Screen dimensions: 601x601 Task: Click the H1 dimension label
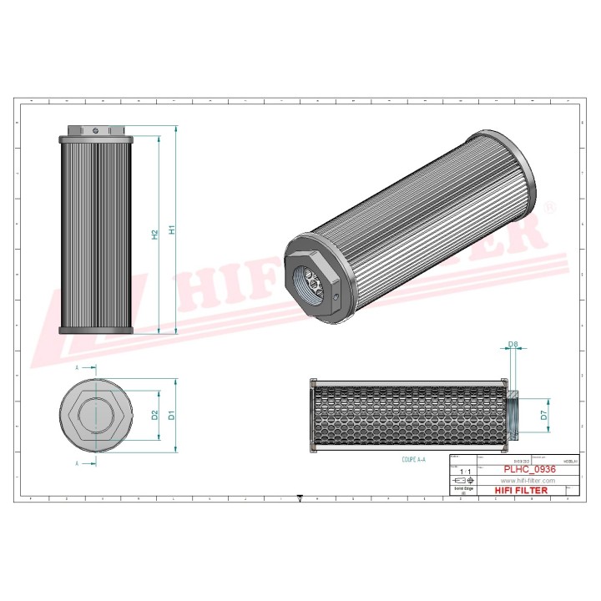click(x=171, y=229)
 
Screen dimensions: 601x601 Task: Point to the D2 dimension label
click(x=154, y=415)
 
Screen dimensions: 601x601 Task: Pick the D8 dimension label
click(x=513, y=343)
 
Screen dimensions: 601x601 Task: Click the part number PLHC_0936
click(x=528, y=470)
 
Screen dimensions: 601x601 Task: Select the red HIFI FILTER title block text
click(x=522, y=491)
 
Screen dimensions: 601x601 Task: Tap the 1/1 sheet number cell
click(x=463, y=472)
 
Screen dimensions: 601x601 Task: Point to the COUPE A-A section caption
click(x=412, y=460)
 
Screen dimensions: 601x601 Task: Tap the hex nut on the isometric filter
click(x=311, y=279)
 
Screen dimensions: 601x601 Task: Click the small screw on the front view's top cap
click(x=97, y=129)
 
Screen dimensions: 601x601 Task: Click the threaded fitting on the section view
click(x=513, y=415)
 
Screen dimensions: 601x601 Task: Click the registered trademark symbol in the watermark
click(x=548, y=206)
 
